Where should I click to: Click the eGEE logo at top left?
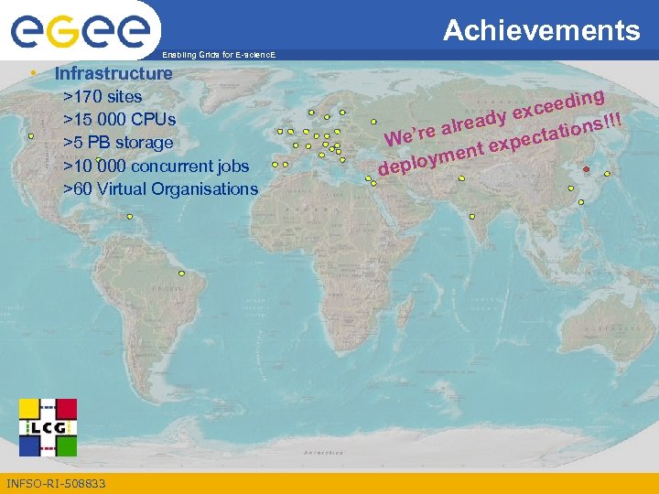coord(80,32)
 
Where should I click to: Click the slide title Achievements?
coord(542,31)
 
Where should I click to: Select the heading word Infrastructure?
coord(113,73)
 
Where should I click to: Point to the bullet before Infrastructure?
coord(32,72)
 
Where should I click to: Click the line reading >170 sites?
coord(102,96)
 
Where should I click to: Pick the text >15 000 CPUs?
coord(119,119)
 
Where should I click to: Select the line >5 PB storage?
coord(117,143)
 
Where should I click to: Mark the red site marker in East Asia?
coord(586,169)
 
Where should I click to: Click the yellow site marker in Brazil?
coord(181,273)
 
